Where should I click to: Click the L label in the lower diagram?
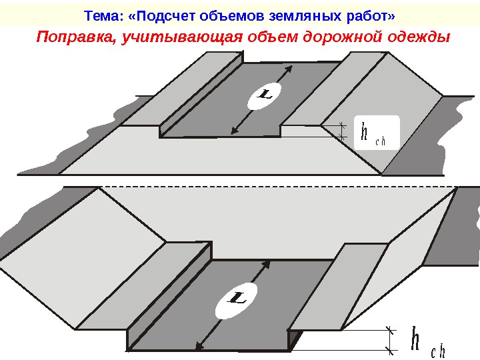[236, 299]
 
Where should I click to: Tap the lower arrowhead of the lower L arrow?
[198, 346]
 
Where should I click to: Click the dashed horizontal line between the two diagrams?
[267, 186]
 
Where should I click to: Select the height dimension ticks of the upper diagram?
[343, 131]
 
